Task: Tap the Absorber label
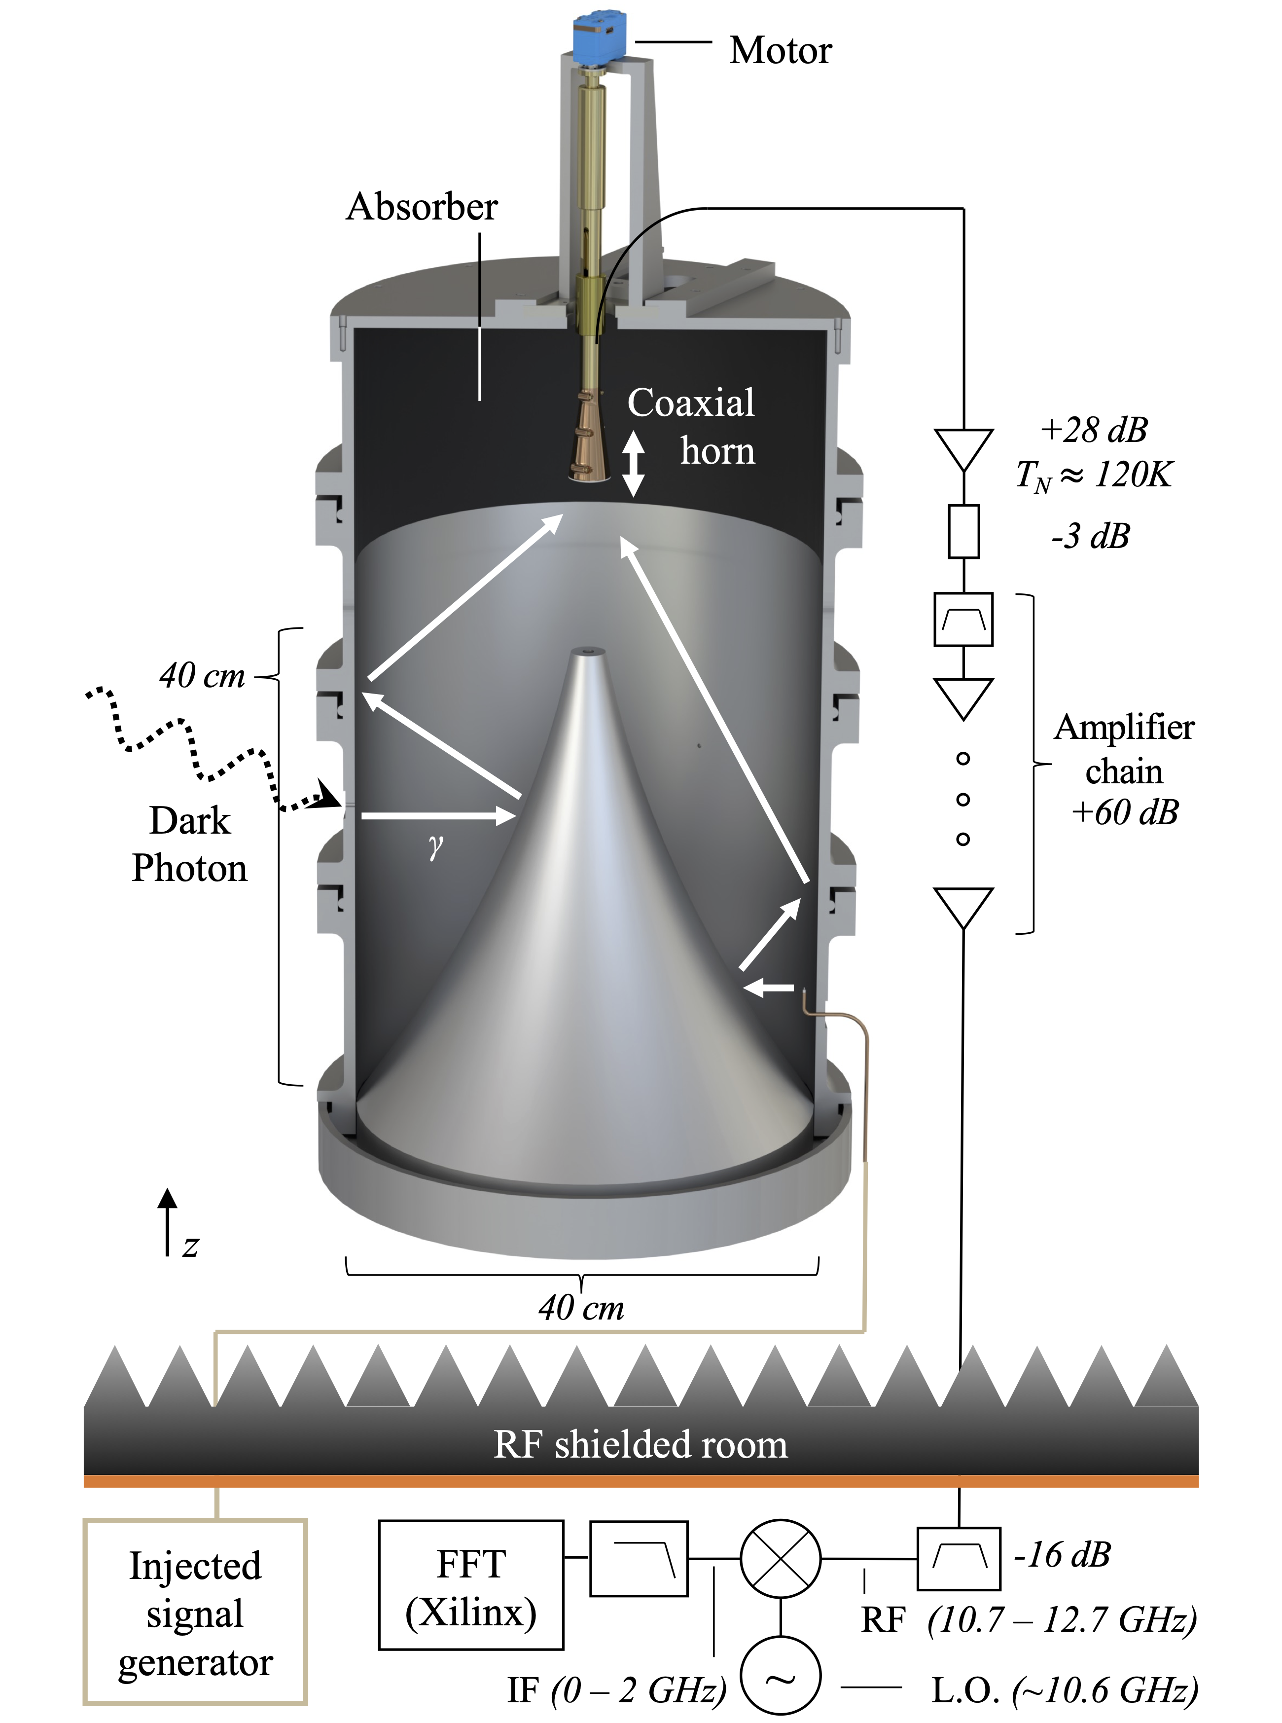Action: [x=422, y=207]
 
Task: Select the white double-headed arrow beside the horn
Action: [x=633, y=463]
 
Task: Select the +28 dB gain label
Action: [x=1094, y=429]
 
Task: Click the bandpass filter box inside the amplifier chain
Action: [x=963, y=620]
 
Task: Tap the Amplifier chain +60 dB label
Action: [x=1124, y=770]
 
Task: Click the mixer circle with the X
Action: [x=780, y=1558]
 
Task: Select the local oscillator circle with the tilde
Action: [x=780, y=1675]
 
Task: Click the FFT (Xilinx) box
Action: [x=471, y=1584]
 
